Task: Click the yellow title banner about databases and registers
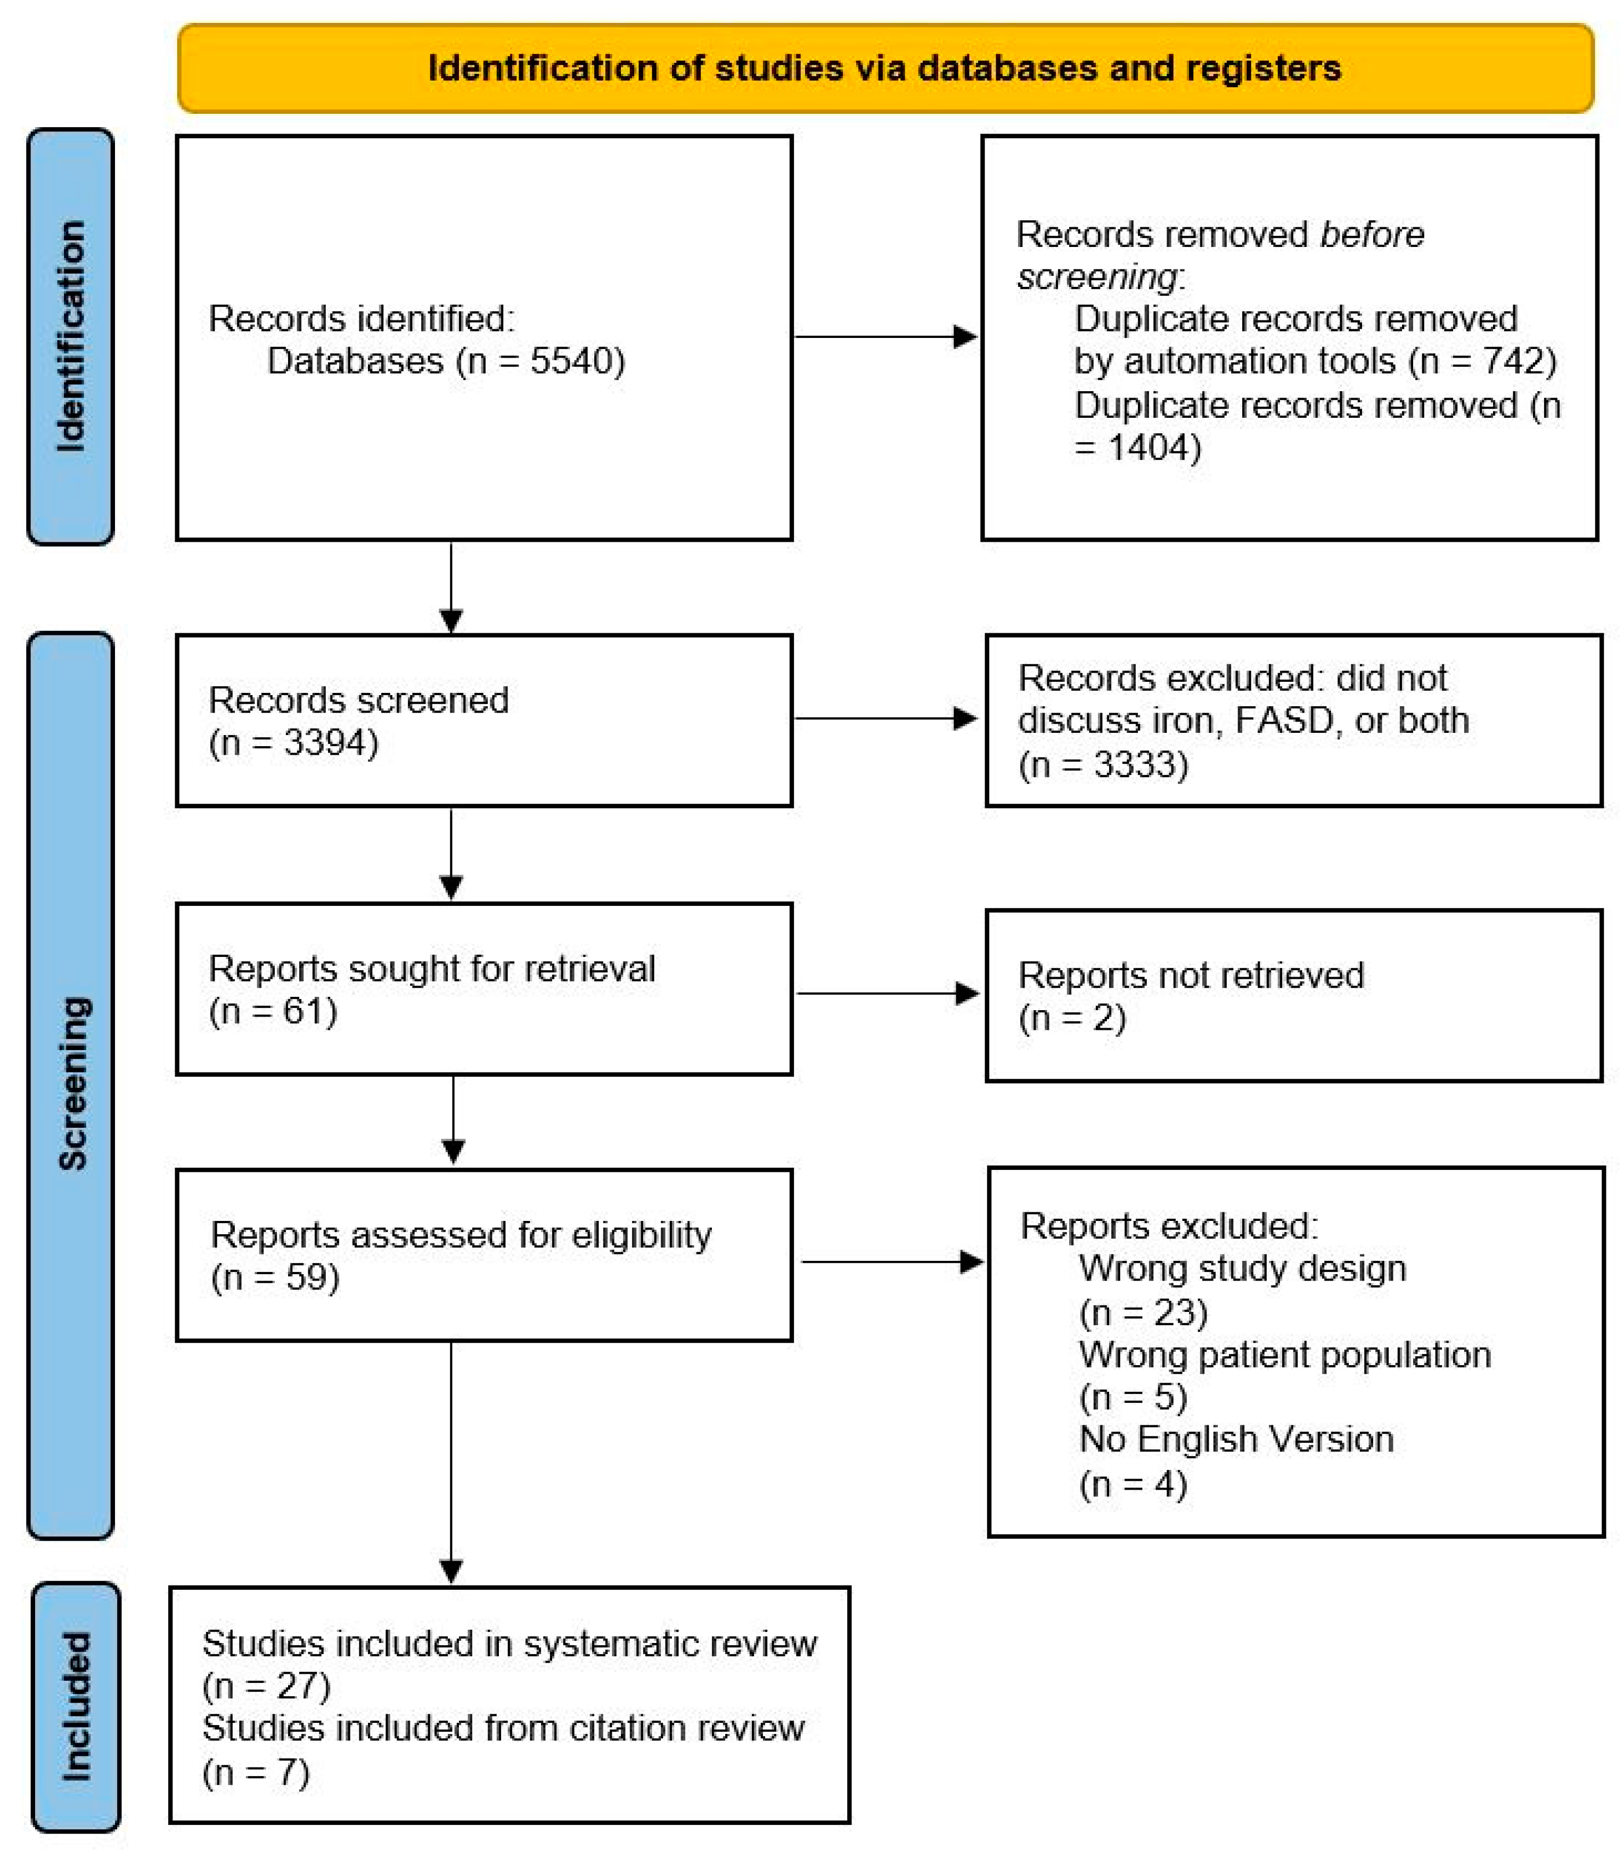point(884,69)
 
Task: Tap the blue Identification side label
point(71,336)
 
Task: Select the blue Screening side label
point(71,1084)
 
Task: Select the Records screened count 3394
point(330,743)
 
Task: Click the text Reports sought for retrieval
point(431,969)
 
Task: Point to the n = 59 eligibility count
point(275,1277)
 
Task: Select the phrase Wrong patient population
point(1284,1355)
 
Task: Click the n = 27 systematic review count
point(266,1686)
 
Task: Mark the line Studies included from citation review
point(503,1729)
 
